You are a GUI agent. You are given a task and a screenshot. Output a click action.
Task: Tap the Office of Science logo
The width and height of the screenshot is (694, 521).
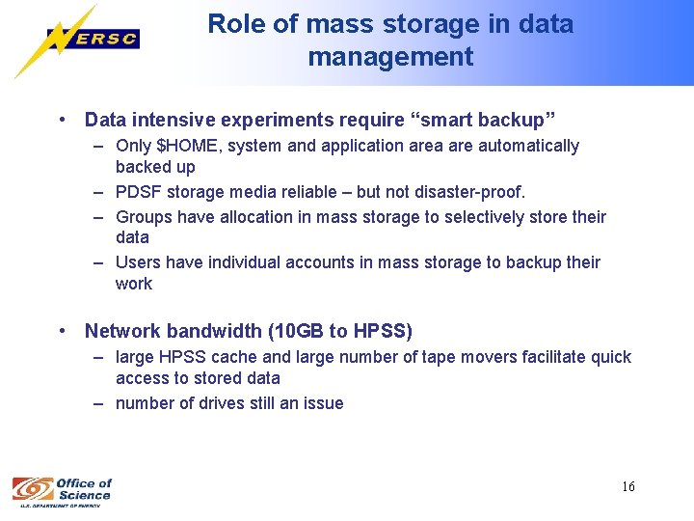(x=62, y=490)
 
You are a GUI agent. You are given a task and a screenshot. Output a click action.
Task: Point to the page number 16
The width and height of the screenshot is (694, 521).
(x=627, y=486)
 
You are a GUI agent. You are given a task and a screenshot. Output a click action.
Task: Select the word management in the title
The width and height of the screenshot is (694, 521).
(x=390, y=57)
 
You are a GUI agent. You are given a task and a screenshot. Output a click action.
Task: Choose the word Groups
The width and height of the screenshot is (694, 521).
(x=144, y=216)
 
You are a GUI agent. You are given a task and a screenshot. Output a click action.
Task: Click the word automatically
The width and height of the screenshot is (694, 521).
(x=527, y=146)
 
